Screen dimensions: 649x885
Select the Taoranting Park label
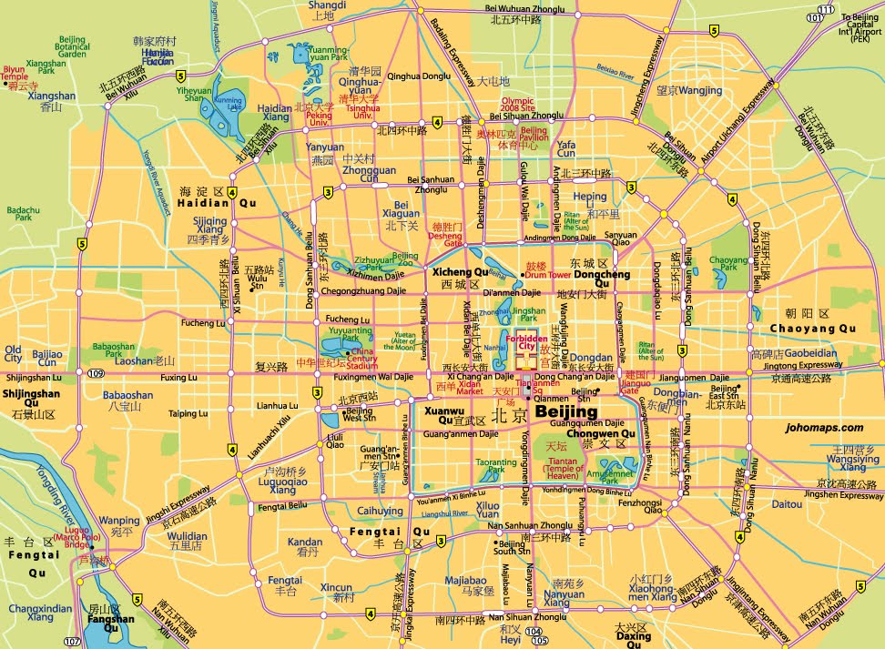(496, 468)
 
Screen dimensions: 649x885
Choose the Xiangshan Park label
(46, 68)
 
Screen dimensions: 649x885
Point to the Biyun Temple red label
(15, 73)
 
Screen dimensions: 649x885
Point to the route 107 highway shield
(72, 642)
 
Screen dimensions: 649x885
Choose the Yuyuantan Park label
(344, 334)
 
